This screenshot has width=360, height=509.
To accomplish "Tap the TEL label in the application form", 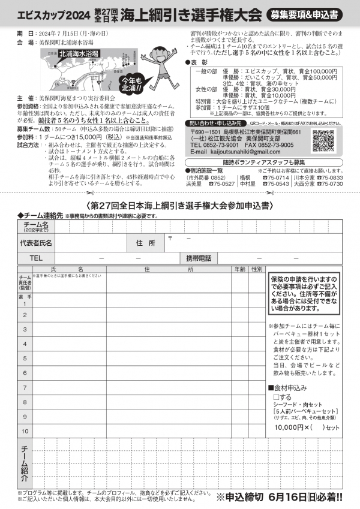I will pos(36,258).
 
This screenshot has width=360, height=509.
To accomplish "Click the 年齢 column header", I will pos(239,270).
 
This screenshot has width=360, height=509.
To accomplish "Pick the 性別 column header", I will pos(256,270).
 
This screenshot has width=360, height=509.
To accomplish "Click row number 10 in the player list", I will pos(25,430).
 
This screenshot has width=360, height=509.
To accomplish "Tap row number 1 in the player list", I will pos(25,303).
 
